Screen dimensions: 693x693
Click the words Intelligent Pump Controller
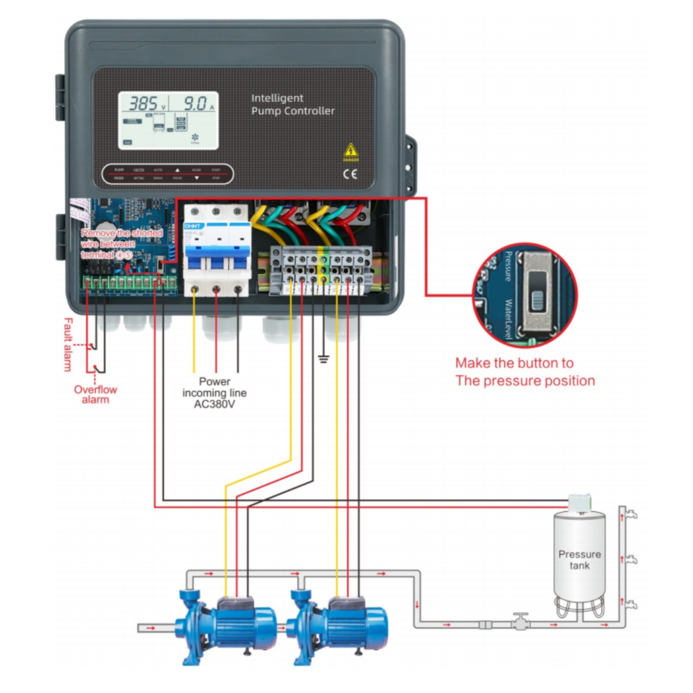tap(292, 105)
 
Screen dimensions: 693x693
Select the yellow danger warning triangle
tap(351, 151)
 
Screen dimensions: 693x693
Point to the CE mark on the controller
tap(351, 174)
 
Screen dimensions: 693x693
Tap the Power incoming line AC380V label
tap(214, 393)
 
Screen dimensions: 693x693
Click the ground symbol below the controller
tap(323, 359)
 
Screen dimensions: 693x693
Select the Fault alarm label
tap(68, 344)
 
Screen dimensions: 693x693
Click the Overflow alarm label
tap(95, 394)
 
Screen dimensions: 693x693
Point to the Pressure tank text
tap(579, 560)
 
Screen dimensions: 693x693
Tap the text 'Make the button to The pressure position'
tap(524, 372)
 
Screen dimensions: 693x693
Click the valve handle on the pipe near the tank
tap(522, 616)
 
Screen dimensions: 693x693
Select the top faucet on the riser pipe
tap(632, 513)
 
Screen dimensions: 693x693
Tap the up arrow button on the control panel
tap(177, 170)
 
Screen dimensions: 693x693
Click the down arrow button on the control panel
tap(196, 178)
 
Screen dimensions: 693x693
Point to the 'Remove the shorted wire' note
tap(122, 244)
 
